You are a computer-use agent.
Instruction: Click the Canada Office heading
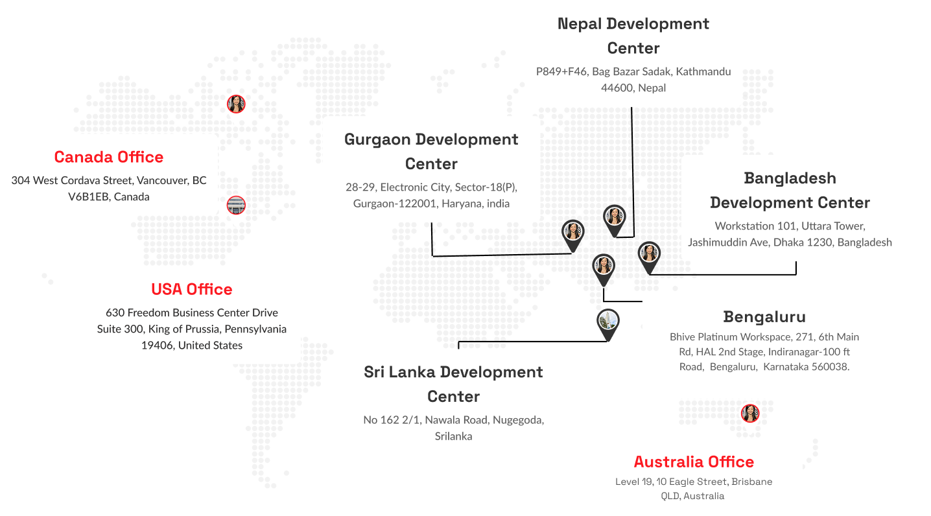[109, 157]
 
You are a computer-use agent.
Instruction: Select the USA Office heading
[191, 289]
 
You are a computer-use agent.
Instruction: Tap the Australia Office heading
[694, 462]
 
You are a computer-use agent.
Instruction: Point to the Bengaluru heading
[764, 317]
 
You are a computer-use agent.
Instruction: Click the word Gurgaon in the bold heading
[377, 139]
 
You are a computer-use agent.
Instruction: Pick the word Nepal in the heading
[581, 24]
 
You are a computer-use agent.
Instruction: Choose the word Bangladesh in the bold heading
[790, 178]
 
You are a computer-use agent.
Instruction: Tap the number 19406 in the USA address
[157, 345]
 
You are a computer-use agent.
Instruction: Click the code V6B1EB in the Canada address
[89, 196]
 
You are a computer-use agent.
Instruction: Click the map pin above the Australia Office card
[749, 415]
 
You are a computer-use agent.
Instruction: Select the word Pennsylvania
[255, 329]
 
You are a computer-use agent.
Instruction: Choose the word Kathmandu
[703, 71]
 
